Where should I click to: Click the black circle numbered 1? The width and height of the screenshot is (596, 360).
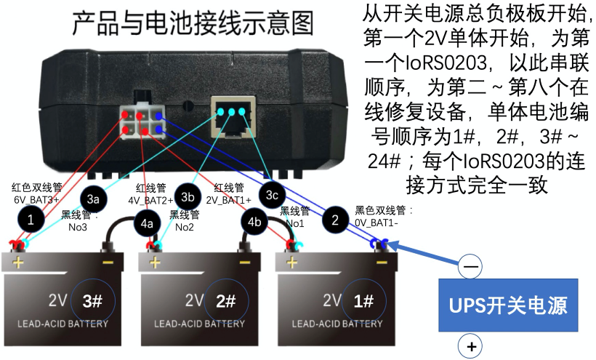(30, 218)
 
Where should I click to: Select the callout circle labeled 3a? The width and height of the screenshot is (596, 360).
(93, 198)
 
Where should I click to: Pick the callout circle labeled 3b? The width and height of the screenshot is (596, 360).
(188, 197)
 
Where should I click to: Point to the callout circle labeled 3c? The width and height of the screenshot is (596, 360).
(272, 195)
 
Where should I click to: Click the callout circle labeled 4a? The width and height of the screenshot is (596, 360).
(147, 223)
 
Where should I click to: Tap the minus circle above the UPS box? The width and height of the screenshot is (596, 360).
(471, 267)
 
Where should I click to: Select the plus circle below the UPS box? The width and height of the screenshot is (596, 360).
(472, 346)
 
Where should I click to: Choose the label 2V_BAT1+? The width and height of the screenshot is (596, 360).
(228, 199)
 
